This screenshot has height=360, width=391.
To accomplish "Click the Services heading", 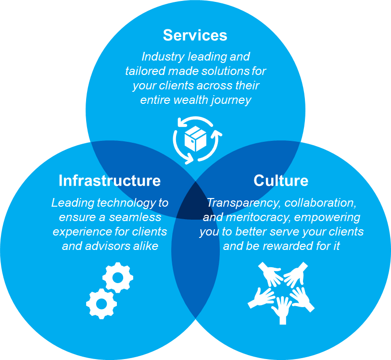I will (195, 35).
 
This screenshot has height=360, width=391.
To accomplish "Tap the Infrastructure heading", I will (110, 181).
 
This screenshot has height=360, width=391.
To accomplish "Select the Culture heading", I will (281, 181).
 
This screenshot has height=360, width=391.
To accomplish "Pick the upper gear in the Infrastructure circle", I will (118, 277).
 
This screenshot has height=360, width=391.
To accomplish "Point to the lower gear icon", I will (101, 303).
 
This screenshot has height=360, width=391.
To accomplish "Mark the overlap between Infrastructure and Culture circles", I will (195, 269).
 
